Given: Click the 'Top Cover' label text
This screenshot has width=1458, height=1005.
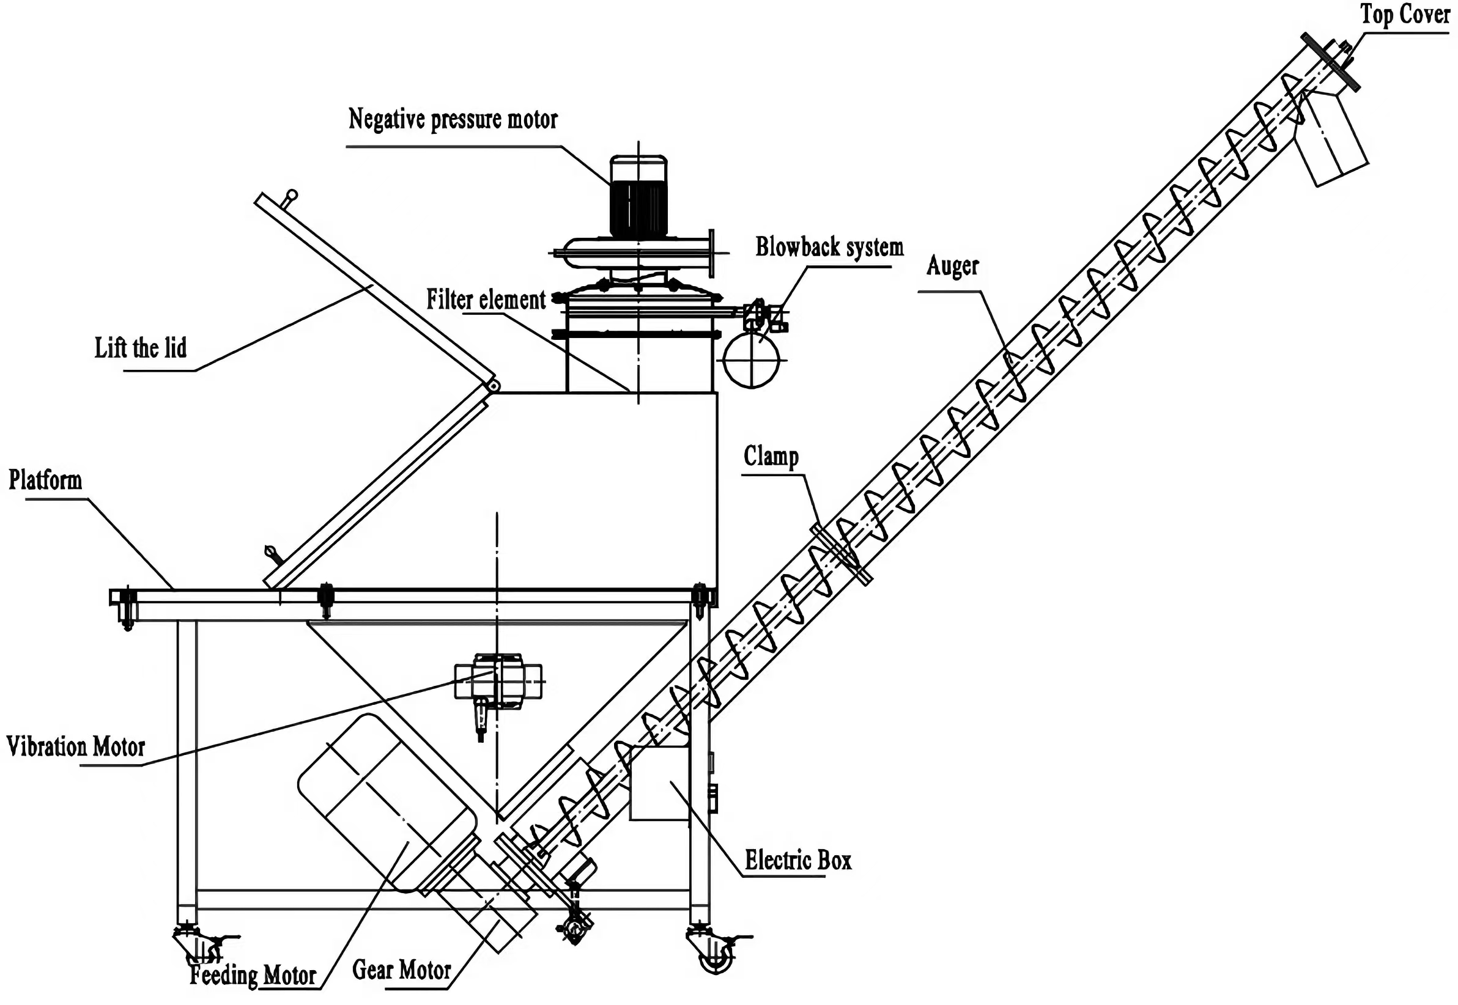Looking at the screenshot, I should (x=1404, y=14).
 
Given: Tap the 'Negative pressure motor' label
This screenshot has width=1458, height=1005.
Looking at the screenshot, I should (x=453, y=119).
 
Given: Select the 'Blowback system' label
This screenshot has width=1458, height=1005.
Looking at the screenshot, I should (x=829, y=248).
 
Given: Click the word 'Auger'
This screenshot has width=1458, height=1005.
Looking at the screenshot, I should (x=952, y=267).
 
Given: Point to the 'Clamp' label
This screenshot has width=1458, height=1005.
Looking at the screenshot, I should (x=770, y=457).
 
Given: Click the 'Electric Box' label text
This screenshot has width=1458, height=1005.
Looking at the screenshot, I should (x=798, y=860).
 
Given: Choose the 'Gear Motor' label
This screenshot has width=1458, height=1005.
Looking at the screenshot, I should (x=401, y=970).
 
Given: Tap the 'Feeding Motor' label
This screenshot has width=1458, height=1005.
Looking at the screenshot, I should (x=253, y=976).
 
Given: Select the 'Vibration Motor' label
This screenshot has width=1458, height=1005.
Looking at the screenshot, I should (x=76, y=747).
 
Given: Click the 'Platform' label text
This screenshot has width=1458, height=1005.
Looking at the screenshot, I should (x=45, y=480).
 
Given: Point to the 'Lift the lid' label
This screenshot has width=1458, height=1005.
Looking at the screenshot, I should (x=141, y=348).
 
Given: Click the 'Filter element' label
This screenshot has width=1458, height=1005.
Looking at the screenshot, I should (x=486, y=300).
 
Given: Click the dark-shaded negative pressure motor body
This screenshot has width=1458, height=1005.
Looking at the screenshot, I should (x=638, y=208).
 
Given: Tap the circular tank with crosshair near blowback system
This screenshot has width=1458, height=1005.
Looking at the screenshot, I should (x=752, y=360).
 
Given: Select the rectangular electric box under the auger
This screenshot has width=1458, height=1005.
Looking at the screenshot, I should (x=659, y=784).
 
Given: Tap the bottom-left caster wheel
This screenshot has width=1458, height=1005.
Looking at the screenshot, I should (x=197, y=951).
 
